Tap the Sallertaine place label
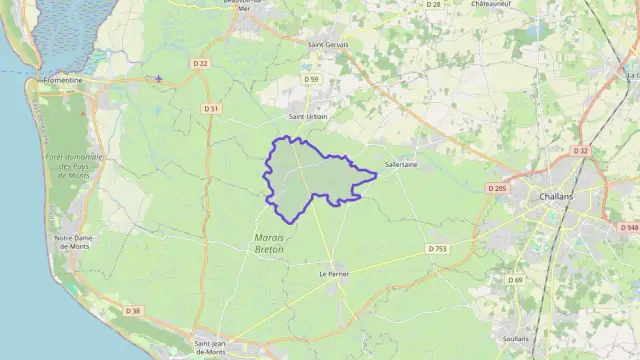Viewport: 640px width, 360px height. click(401, 165)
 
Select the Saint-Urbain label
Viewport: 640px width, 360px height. click(308, 116)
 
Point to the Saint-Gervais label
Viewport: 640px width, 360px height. click(327, 44)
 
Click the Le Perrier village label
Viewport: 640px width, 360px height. click(333, 273)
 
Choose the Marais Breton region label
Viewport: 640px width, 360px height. click(264, 243)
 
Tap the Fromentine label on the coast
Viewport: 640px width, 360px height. click(63, 79)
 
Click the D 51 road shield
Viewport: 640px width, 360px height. click(211, 108)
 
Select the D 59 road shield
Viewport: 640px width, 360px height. click(313, 79)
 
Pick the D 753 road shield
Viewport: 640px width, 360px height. click(437, 248)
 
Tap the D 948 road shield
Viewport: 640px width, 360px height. click(629, 228)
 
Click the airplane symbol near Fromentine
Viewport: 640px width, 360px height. click(158, 78)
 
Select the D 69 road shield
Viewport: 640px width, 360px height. click(515, 280)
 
